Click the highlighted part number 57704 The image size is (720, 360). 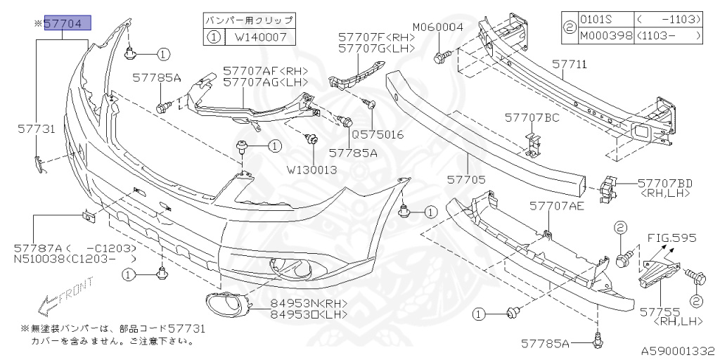[67, 24]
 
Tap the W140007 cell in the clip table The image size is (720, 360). [260, 37]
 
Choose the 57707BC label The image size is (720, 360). [532, 117]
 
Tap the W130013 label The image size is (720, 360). [311, 169]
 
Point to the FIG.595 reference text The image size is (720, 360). [671, 238]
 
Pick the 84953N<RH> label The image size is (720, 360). [309, 304]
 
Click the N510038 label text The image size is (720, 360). [39, 259]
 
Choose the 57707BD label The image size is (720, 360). [665, 183]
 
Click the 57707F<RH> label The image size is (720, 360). [375, 37]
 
